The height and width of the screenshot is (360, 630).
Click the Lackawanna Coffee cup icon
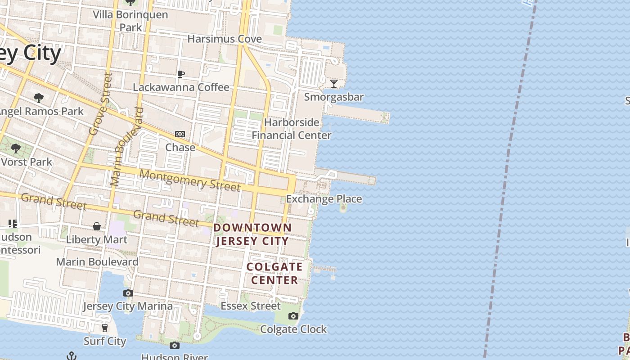pos(181,74)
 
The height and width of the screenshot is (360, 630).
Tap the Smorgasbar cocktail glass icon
pos(334,83)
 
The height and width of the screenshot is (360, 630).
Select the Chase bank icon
pos(180,134)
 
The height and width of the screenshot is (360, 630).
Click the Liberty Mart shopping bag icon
pos(97,226)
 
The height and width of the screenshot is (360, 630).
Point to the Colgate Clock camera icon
pos(293,316)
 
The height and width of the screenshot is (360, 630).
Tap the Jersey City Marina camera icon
pos(128,293)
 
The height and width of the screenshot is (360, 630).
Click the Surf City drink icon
pos(105,328)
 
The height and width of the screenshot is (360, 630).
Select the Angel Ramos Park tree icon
pos(39,98)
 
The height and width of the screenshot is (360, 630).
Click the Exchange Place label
pos(324,199)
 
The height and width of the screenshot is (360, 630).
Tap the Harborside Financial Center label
pos(292,129)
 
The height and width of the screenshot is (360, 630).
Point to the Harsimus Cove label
pos(225,39)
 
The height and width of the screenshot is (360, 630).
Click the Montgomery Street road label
pos(190,180)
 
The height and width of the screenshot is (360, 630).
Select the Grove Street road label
pos(100,104)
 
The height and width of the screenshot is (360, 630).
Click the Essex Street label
pos(251,306)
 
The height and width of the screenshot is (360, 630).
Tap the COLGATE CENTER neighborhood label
pos(274,273)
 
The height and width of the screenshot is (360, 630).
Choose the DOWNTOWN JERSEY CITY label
pos(252,234)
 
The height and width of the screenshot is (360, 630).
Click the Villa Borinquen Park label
pos(130,21)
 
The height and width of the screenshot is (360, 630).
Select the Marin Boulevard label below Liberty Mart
pos(97,261)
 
